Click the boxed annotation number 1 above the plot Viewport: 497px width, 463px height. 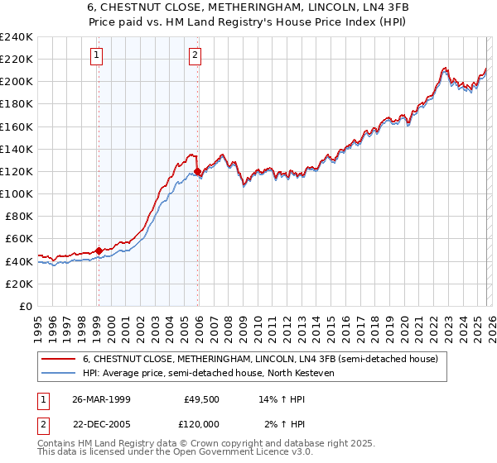point(97,55)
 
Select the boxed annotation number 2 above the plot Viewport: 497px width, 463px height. point(195,55)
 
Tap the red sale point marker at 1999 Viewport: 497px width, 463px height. point(99,250)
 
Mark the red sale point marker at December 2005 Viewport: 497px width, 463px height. point(197,171)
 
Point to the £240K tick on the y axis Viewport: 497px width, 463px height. point(17,37)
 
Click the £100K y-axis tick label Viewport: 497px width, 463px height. point(17,193)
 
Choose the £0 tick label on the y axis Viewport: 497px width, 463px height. point(25,306)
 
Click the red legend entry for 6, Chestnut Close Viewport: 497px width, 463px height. point(265,358)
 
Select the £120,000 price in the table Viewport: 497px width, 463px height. point(200,425)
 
